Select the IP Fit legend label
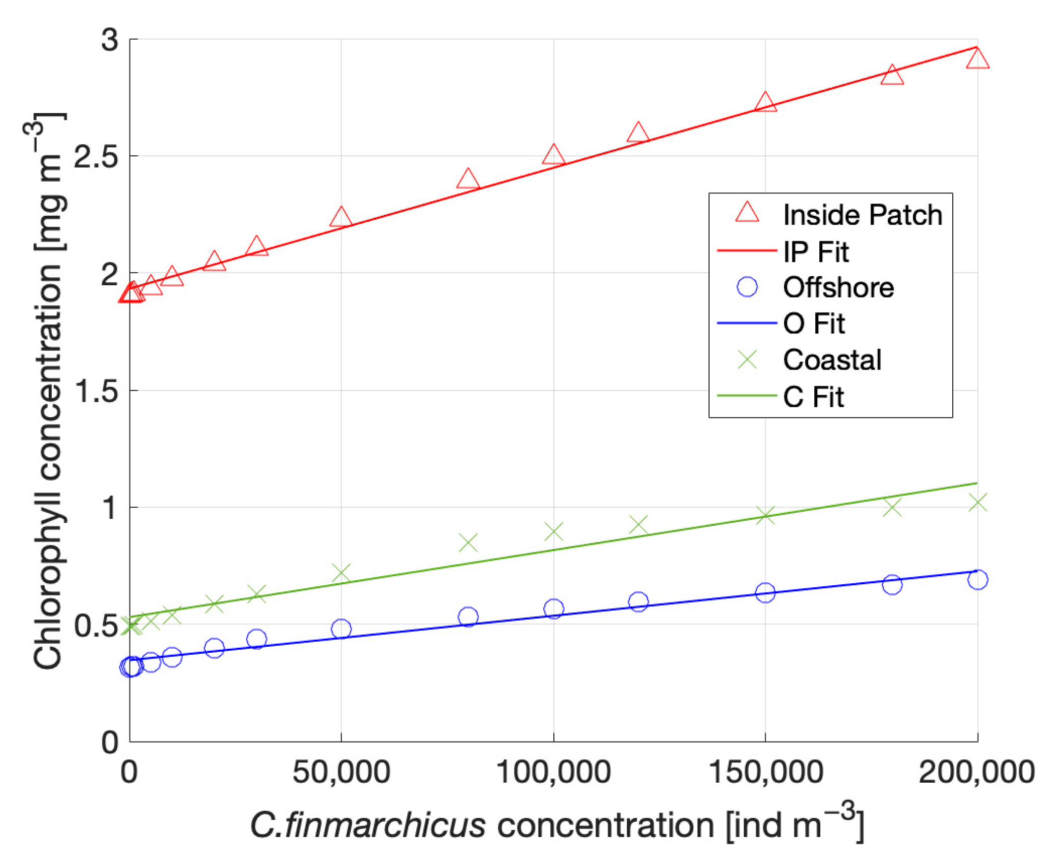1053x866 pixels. pyautogui.click(x=815, y=251)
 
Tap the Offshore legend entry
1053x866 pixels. pyautogui.click(x=838, y=288)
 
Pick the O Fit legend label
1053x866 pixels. pyautogui.click(x=813, y=324)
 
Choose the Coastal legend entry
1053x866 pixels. pyautogui.click(x=832, y=360)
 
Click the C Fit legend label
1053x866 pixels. pyautogui.click(x=813, y=397)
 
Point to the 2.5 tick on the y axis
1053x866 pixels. pyautogui.click(x=96, y=156)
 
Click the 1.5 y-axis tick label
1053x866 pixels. pyautogui.click(x=96, y=391)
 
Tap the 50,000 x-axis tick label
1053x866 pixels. pyautogui.click(x=341, y=773)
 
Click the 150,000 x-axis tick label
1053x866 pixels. pyautogui.click(x=765, y=773)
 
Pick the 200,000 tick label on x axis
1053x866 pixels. pyautogui.click(x=976, y=773)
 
